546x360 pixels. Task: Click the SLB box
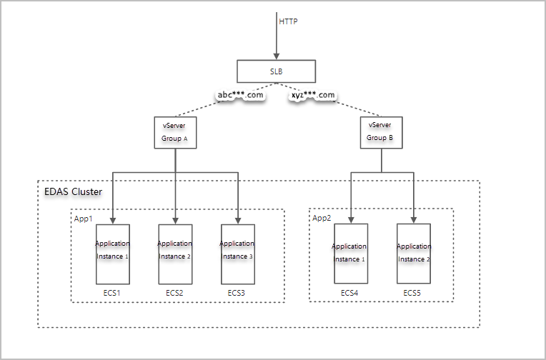[x=276, y=71]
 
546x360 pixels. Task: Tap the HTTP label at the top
[x=288, y=21]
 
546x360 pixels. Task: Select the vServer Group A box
[x=175, y=131]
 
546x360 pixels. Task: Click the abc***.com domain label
[x=240, y=95]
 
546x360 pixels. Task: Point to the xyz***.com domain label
[x=312, y=95]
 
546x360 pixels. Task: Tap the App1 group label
[x=84, y=219]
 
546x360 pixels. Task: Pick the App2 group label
[x=322, y=219]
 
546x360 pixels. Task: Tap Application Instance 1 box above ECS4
[x=350, y=253]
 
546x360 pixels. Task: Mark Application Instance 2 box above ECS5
[x=414, y=253]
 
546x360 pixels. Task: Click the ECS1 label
[x=112, y=293]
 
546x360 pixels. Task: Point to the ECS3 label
[x=237, y=293]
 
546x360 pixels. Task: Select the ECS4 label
[x=349, y=293]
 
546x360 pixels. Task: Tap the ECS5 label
[x=412, y=293]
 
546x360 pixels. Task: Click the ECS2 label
[x=175, y=293]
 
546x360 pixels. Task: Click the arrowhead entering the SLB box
[x=277, y=56]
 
